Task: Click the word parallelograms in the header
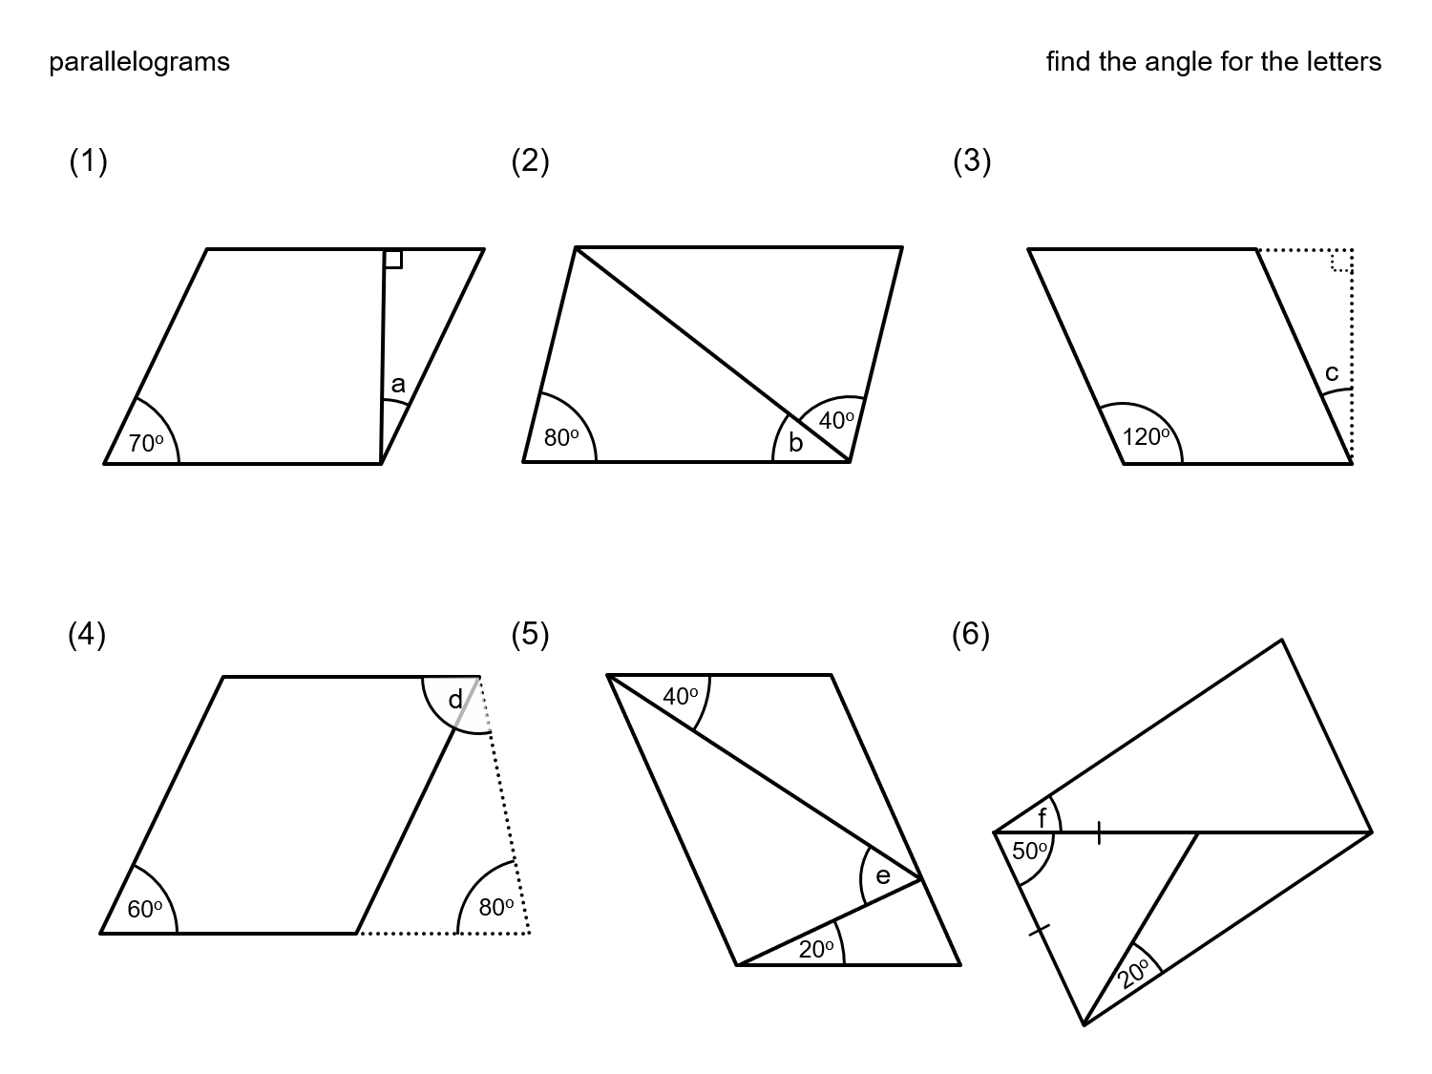(x=139, y=62)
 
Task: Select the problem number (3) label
(x=972, y=161)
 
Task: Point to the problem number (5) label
(x=530, y=634)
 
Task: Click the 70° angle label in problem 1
(x=146, y=443)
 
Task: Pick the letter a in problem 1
(x=398, y=385)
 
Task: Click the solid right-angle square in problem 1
(x=393, y=259)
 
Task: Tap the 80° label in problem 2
(x=561, y=438)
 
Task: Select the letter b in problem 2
(x=795, y=443)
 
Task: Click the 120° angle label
(x=1146, y=437)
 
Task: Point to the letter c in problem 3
(x=1331, y=372)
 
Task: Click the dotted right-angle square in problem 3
(x=1342, y=261)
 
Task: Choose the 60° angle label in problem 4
(x=145, y=910)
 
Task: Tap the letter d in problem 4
(x=454, y=700)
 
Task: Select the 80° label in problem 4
(x=496, y=907)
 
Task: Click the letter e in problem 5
(x=882, y=875)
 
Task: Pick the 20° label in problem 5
(x=816, y=949)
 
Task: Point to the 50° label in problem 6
(x=1030, y=850)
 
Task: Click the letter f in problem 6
(x=1042, y=818)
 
